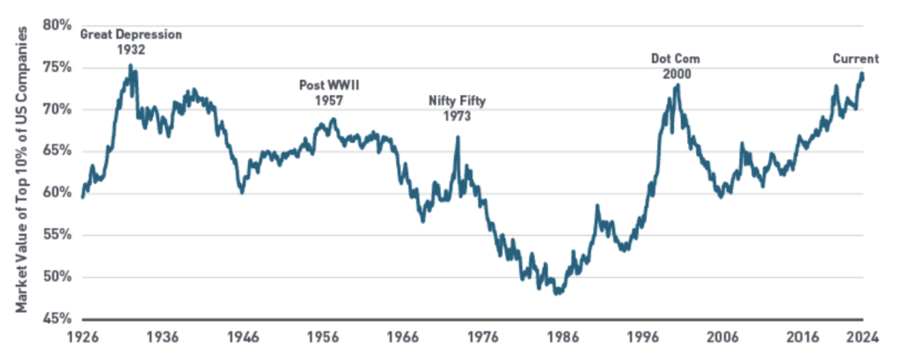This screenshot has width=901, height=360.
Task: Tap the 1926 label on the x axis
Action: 82,337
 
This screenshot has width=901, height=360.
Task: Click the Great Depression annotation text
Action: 131,34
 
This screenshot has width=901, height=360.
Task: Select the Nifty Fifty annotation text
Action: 458,100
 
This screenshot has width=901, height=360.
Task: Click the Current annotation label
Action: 856,59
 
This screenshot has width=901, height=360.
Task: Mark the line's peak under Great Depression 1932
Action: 130,64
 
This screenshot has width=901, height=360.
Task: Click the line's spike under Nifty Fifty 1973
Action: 458,136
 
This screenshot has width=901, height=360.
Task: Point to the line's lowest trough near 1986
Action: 558,294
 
